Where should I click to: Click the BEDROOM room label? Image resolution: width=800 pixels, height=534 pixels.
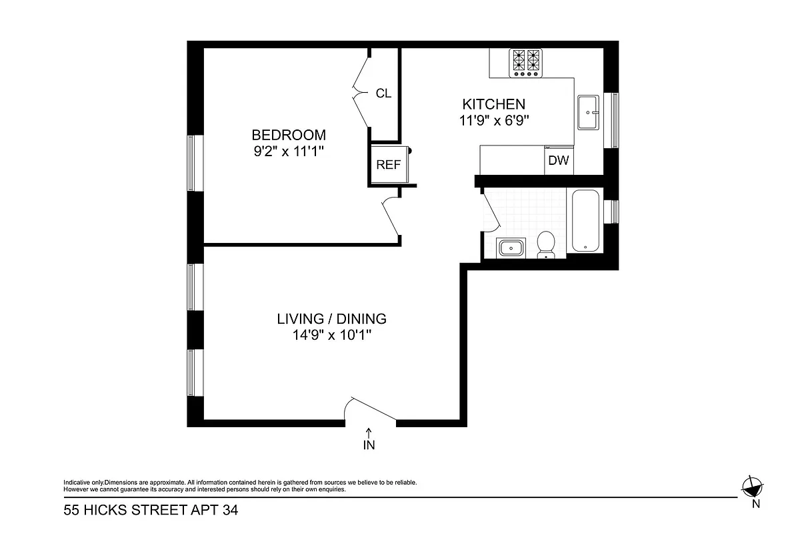pyautogui.click(x=289, y=134)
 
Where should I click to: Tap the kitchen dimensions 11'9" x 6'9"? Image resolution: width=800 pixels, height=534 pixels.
pyautogui.click(x=494, y=120)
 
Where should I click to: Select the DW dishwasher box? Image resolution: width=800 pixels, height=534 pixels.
pyautogui.click(x=558, y=161)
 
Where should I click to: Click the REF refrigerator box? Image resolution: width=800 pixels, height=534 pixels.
pyautogui.click(x=388, y=164)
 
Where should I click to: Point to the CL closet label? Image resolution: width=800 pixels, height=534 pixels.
pyautogui.click(x=383, y=93)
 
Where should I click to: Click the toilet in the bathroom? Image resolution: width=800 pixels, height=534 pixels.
pyautogui.click(x=547, y=244)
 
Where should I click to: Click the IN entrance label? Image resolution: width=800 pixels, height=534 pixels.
pyautogui.click(x=369, y=446)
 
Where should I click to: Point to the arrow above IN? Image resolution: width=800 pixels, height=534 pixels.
pyautogui.click(x=369, y=433)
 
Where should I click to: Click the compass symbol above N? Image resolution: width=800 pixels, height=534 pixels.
pyautogui.click(x=752, y=486)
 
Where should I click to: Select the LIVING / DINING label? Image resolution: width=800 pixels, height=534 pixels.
pyautogui.click(x=331, y=319)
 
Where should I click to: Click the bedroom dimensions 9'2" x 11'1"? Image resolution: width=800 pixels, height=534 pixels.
pyautogui.click(x=289, y=151)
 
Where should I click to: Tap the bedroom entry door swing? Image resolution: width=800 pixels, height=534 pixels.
pyautogui.click(x=391, y=217)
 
